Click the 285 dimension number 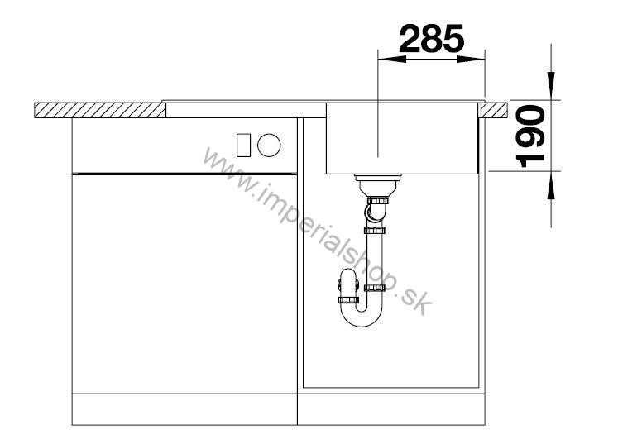[x=432, y=39]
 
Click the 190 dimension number [x=530, y=136]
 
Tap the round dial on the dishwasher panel [x=269, y=145]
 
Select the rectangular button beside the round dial [x=243, y=145]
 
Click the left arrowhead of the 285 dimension [x=392, y=59]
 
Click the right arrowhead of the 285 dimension [x=471, y=59]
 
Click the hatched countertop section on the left [x=100, y=110]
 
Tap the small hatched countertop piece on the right [x=493, y=110]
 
